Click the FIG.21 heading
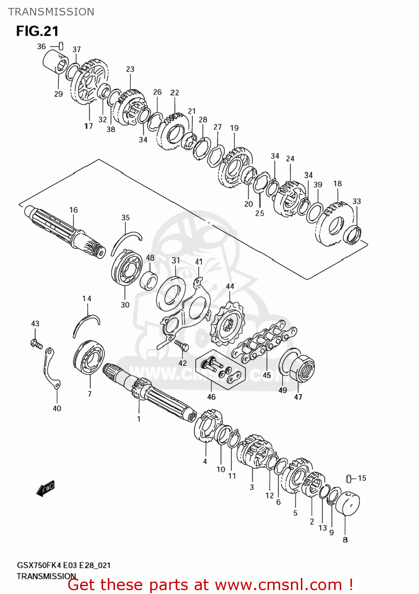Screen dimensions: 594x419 pyautogui.click(x=37, y=31)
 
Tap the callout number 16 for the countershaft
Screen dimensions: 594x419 pyautogui.click(x=74, y=210)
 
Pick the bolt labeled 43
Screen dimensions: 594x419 pyautogui.click(x=36, y=343)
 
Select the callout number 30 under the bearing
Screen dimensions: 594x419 pyautogui.click(x=125, y=305)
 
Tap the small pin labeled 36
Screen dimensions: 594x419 pyautogui.click(x=61, y=46)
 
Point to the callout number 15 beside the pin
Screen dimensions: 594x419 pyautogui.click(x=362, y=478)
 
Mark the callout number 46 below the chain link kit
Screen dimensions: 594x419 pyautogui.click(x=211, y=397)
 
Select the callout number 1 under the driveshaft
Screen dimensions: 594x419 pyautogui.click(x=139, y=419)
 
